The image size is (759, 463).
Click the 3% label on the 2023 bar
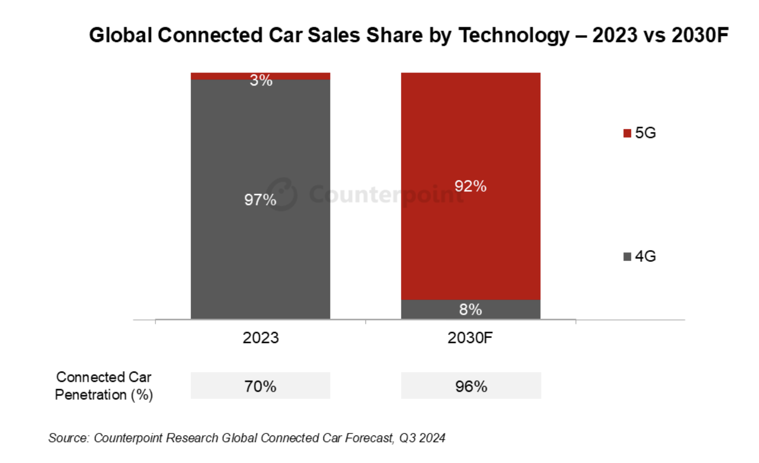coord(261,80)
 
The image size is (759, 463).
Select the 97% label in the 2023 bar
coord(260,200)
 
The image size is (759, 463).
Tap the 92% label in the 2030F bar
coord(470,186)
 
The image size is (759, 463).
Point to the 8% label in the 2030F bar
coord(470,309)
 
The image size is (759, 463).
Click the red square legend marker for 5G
coord(627,133)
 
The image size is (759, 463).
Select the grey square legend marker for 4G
coord(627,256)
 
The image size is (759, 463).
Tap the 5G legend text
coord(645,133)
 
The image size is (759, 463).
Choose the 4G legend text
coord(645,256)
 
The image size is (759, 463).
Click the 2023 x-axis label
coord(260,338)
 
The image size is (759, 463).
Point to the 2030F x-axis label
coord(470,338)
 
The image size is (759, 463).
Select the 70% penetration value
coord(260,386)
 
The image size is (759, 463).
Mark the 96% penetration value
coord(471,386)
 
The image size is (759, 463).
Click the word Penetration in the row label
coord(90,395)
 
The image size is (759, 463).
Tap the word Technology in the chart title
coord(514,35)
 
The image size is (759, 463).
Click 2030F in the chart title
coord(700,35)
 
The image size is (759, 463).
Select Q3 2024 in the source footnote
coord(422,438)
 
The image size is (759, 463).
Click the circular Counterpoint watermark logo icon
coord(282,194)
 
